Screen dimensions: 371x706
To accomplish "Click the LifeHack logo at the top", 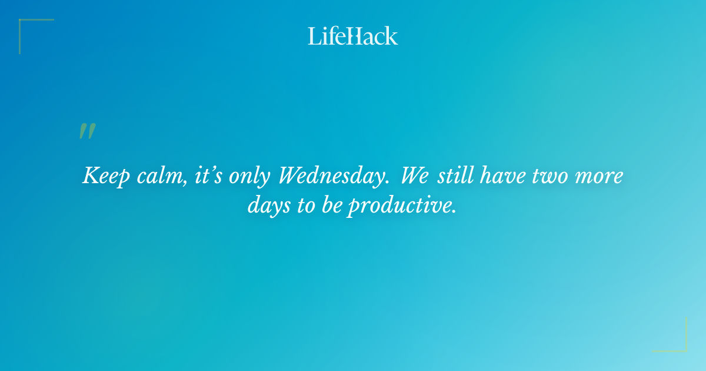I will click(x=353, y=36).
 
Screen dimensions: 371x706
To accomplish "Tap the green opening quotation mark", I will click(x=87, y=131).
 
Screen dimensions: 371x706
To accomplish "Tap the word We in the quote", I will click(x=415, y=176).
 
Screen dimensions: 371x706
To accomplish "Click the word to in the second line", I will click(x=305, y=206).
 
